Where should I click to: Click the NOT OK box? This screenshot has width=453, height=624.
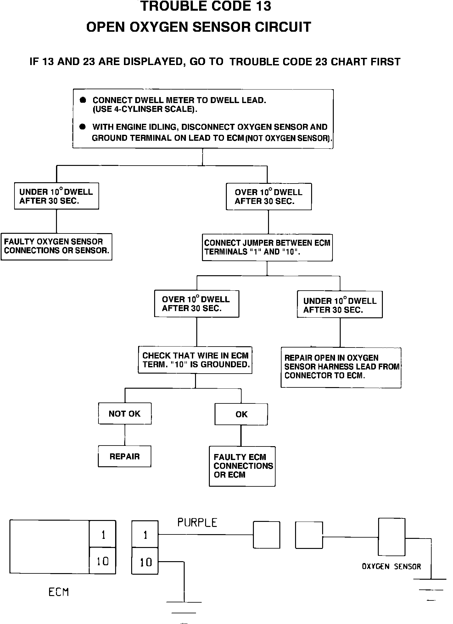click(125, 413)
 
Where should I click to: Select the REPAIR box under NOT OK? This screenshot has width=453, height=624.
click(125, 456)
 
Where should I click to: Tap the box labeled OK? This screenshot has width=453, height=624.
click(241, 414)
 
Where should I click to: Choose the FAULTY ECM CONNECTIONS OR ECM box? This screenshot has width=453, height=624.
click(242, 466)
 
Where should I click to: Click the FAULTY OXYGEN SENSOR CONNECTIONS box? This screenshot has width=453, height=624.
click(57, 246)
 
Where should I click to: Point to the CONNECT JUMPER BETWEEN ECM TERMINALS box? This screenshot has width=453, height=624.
click(267, 247)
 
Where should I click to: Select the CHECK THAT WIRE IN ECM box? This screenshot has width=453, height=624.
click(195, 360)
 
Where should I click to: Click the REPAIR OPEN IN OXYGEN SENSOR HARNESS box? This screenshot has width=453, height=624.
click(341, 367)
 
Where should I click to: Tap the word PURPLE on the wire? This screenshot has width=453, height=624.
click(197, 523)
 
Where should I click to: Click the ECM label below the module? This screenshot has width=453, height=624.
click(59, 592)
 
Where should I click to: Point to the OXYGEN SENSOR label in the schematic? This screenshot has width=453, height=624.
click(391, 567)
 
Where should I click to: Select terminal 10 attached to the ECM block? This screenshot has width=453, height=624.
click(103, 561)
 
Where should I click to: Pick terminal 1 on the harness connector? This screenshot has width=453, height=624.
click(145, 535)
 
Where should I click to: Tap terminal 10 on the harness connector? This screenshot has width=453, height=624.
click(145, 561)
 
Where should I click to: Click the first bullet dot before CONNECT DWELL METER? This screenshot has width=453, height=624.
click(83, 100)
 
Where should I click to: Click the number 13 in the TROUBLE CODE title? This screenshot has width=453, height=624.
click(261, 6)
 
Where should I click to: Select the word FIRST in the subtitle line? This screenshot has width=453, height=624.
click(385, 62)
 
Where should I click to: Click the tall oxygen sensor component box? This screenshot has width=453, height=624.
click(392, 537)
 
